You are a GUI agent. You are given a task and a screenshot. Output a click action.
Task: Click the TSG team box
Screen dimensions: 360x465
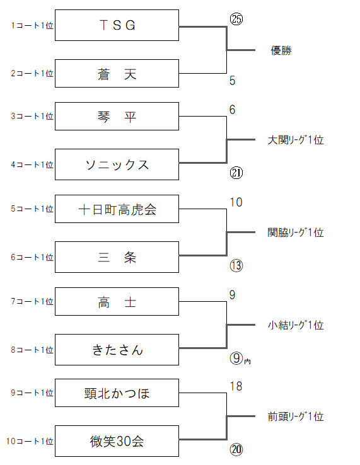coord(117,25)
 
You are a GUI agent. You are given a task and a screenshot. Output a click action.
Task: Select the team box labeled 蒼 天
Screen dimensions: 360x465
coord(117,74)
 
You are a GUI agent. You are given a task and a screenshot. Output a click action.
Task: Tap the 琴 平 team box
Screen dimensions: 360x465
coord(117,116)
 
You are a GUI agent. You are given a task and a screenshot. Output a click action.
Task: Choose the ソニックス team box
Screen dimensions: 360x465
coord(117,164)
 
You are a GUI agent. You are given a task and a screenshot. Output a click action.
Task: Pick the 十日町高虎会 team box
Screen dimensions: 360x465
coord(117,209)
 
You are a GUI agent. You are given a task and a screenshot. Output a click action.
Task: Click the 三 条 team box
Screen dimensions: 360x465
coord(117,257)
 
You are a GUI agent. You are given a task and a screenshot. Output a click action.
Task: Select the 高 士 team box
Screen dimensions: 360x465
coord(117,302)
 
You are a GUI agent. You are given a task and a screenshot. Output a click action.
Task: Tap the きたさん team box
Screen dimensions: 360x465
coord(117,350)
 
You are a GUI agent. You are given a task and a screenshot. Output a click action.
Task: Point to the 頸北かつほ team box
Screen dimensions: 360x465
coord(117,393)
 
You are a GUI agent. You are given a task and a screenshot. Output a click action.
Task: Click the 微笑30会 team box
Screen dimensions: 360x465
coord(117,441)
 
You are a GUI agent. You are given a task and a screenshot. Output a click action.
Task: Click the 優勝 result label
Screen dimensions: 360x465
coord(281,50)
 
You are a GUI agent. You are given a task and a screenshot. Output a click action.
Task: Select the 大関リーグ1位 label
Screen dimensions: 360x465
coord(296,140)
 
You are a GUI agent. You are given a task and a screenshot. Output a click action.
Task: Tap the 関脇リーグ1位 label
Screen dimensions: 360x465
coord(296,233)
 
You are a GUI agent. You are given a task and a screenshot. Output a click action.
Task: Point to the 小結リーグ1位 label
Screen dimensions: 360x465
coord(296,325)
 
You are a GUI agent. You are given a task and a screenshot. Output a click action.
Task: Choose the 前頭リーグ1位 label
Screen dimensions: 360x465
coord(296,416)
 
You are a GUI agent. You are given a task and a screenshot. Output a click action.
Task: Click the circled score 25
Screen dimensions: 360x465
coord(236,20)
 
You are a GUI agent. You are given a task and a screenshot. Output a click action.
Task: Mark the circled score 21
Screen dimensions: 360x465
coord(236,173)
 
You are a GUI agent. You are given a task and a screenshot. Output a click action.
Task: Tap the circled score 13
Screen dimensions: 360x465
coord(236,265)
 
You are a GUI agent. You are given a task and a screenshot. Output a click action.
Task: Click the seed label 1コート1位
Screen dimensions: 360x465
coord(32,25)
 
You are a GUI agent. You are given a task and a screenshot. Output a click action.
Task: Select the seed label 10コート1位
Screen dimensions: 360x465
coord(30,441)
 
